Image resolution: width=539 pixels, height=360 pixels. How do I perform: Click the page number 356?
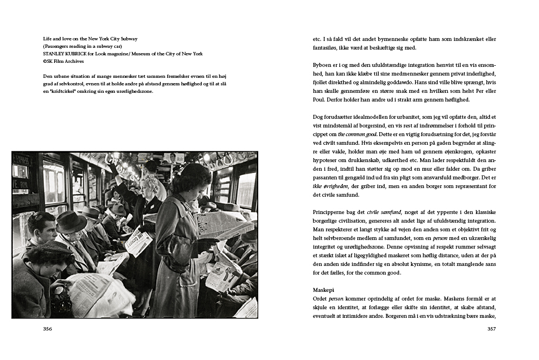(48, 329)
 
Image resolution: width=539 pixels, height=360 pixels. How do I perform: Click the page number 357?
(491, 329)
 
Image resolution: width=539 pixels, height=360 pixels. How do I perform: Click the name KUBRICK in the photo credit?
(80, 54)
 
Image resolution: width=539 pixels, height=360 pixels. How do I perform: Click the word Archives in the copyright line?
(74, 61)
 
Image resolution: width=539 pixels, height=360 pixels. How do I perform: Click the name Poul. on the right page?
(320, 99)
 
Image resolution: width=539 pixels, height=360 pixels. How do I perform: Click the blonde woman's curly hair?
(151, 182)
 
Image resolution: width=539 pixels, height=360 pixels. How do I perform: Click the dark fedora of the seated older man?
(71, 221)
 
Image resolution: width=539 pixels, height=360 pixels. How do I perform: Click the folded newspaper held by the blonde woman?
(138, 242)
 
